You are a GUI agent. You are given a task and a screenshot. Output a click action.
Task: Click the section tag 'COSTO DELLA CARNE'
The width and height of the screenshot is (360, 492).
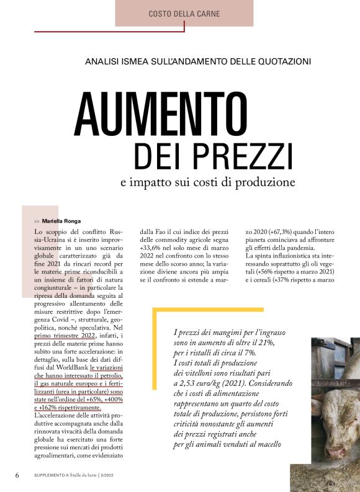(x=184, y=14)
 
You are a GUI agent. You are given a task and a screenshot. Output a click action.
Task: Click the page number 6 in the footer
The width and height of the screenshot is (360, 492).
(x=19, y=475)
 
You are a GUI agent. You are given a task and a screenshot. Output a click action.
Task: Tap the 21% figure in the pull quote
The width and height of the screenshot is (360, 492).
(x=272, y=342)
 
